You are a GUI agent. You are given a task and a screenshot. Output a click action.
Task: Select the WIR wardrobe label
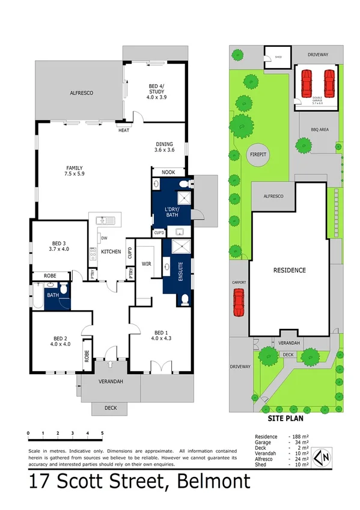[146, 263]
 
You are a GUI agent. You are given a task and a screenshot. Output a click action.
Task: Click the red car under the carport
[239, 302]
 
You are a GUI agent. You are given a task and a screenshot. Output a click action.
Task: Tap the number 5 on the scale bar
[103, 433]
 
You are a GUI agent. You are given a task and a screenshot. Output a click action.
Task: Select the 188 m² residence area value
[297, 437]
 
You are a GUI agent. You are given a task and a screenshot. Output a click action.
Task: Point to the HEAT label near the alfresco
[124, 131]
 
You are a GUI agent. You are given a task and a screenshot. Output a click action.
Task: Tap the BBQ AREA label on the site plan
[320, 129]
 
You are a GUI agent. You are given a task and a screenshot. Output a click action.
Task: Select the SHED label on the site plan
[278, 58]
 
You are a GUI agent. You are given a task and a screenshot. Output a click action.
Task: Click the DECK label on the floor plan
[110, 408]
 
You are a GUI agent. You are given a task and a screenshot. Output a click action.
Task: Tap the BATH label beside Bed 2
[53, 295]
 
